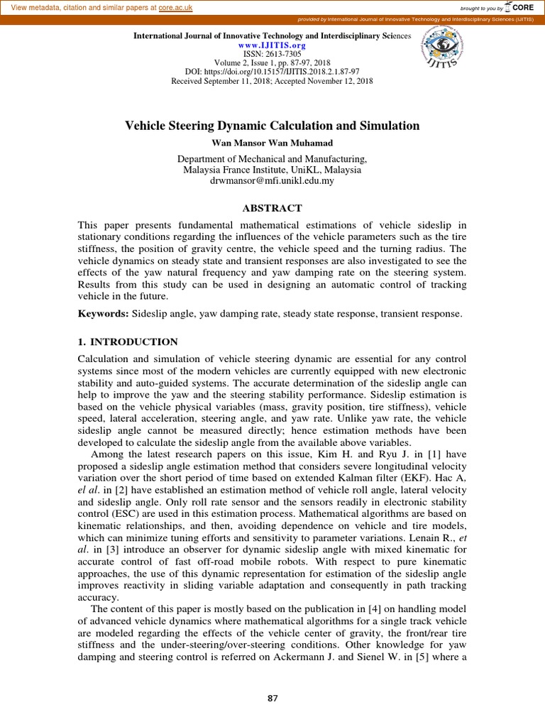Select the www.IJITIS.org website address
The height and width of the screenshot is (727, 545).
click(x=272, y=44)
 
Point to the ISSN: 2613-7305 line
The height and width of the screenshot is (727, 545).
click(x=272, y=53)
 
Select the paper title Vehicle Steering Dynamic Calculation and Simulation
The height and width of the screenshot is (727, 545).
click(x=272, y=126)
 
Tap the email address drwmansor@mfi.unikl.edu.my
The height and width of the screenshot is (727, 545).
click(x=272, y=181)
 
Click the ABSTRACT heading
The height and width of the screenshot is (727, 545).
click(x=272, y=208)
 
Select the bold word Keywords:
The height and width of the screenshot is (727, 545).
click(x=103, y=313)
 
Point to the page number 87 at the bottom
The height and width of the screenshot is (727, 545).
click(x=272, y=699)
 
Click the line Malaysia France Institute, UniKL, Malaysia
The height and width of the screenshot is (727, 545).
click(x=272, y=170)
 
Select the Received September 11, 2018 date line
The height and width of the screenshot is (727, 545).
click(x=272, y=81)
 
